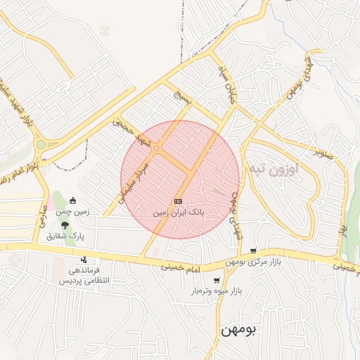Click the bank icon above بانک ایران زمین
pos(177,201)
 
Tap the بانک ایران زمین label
pos(178,211)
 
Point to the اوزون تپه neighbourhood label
pos(274,169)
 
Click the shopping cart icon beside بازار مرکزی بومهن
pos(253,251)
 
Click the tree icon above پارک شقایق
pos(65,226)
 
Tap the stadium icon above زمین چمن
pos(73,201)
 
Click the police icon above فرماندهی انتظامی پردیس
pos(84,260)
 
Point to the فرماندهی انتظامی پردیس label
pos(80,275)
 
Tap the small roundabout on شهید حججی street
pos(158,148)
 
